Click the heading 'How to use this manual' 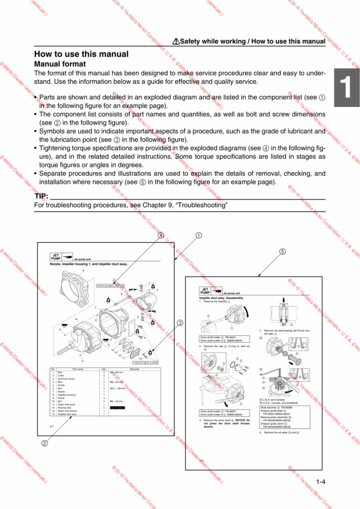[x=81, y=54]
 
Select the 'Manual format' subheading [x=60, y=64]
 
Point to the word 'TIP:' [x=42, y=196]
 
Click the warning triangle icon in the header [x=176, y=41]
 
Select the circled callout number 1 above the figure [x=199, y=235]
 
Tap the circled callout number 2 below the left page [x=45, y=443]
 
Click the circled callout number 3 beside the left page [x=179, y=323]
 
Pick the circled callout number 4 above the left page [x=161, y=235]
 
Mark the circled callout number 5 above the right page [x=282, y=252]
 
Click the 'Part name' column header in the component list [x=78, y=369]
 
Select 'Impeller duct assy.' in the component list [x=67, y=414]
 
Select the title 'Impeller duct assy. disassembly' [x=221, y=298]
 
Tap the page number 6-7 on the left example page [x=52, y=427]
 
